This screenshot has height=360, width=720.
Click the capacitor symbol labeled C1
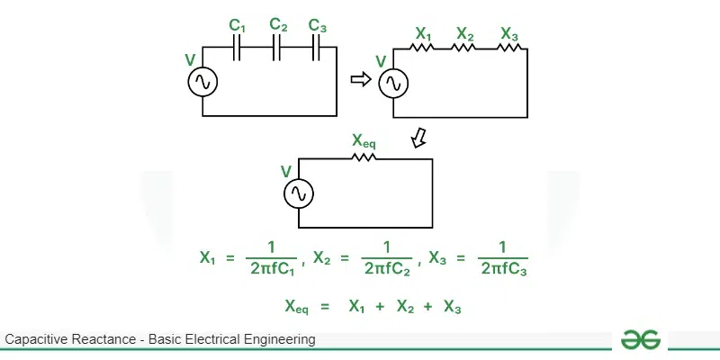[x=238, y=49]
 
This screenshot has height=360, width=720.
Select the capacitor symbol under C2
[x=277, y=49]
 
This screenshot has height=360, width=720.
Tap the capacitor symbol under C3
[x=317, y=49]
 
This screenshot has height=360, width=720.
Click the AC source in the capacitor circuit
[x=202, y=83]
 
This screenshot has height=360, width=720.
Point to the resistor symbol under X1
[x=423, y=49]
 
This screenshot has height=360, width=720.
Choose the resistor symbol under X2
[x=463, y=49]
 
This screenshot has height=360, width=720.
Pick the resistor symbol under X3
[x=508, y=49]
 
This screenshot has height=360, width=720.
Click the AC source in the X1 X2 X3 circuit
[x=393, y=83]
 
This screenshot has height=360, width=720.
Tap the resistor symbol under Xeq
[x=364, y=158]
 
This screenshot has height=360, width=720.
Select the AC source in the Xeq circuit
[x=298, y=193]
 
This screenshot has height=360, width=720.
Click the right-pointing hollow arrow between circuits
[x=361, y=80]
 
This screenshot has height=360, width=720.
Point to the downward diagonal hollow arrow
[x=418, y=138]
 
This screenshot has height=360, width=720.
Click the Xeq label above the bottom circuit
[x=364, y=141]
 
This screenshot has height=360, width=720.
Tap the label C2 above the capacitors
[x=278, y=25]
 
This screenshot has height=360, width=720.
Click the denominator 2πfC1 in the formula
[x=273, y=267]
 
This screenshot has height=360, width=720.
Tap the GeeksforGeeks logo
[x=641, y=339]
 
